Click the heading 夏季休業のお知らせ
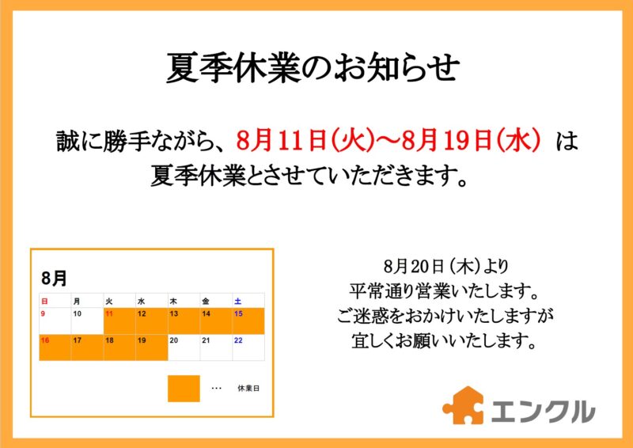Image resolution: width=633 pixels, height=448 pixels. click(313, 69)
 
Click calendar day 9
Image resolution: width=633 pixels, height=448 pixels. click(44, 314)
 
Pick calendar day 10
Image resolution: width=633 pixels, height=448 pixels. click(77, 314)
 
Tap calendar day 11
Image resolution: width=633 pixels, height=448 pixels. click(109, 314)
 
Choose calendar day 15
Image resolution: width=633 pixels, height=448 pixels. click(239, 314)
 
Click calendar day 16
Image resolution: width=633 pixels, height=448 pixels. click(45, 340)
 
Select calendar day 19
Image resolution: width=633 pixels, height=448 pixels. click(142, 340)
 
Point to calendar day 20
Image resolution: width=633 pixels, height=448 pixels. click(174, 340)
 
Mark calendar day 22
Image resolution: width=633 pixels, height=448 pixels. click(239, 340)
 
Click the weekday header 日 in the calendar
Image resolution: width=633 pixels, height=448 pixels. click(44, 302)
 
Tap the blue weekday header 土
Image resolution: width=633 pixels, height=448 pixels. click(238, 302)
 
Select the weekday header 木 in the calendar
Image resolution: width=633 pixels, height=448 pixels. click(173, 302)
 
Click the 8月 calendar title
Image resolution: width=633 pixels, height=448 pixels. click(54, 279)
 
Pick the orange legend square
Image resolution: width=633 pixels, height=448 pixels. click(184, 389)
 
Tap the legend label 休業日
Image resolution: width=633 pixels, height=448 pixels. click(248, 389)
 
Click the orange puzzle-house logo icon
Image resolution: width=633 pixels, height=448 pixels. click(463, 405)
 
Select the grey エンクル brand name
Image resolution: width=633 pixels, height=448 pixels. click(543, 412)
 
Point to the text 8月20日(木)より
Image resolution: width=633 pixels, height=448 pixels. click(446, 267)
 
